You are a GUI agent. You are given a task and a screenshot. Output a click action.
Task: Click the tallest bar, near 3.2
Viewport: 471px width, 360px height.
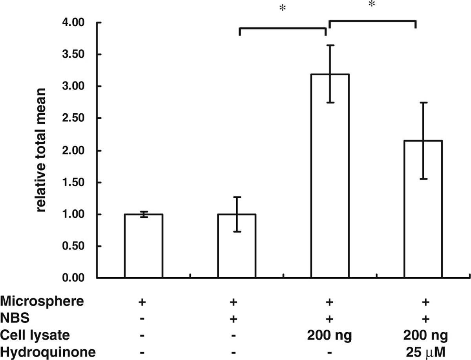330,176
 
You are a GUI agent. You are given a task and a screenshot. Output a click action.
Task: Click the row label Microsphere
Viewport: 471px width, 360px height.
42,302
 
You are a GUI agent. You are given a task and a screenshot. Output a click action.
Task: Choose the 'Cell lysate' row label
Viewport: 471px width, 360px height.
35,335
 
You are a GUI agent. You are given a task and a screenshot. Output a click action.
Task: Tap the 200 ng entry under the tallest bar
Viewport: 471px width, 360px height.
330,335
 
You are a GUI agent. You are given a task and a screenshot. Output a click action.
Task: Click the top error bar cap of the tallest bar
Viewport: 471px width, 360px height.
330,45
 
